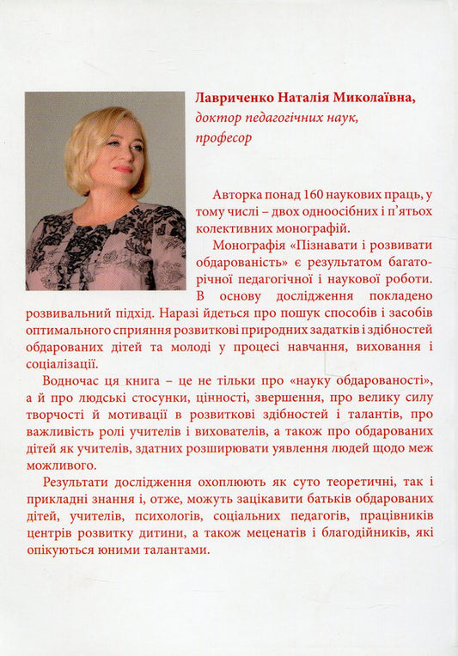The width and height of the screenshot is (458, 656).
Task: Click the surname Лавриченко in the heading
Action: (239, 100)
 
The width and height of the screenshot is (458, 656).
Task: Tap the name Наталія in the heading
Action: (314, 100)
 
